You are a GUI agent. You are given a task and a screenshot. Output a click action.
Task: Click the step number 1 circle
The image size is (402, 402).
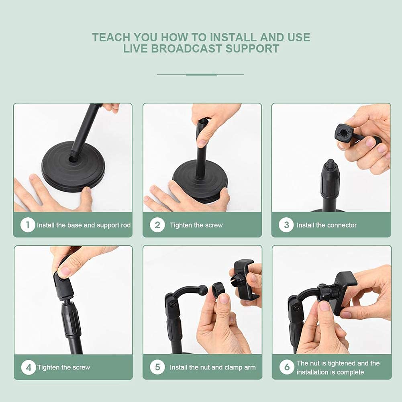click(x=28, y=225)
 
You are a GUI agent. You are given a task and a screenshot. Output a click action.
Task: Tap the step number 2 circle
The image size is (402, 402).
click(x=157, y=225)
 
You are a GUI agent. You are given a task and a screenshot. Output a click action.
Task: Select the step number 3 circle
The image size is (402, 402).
click(x=286, y=225)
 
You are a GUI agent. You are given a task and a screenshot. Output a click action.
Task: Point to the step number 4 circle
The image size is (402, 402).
click(x=29, y=367)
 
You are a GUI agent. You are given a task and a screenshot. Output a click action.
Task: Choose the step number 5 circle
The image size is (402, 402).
click(x=157, y=367)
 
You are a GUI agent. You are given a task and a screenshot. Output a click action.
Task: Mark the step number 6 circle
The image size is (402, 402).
click(x=287, y=367)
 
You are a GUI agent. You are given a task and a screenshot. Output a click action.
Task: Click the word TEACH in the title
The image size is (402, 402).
click(x=111, y=37)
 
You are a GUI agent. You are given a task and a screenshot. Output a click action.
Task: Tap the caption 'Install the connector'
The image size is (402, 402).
click(x=326, y=225)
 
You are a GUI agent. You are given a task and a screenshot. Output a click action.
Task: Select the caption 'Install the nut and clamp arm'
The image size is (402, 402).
click(x=212, y=367)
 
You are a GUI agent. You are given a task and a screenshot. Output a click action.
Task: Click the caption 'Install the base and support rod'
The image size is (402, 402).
click(x=84, y=225)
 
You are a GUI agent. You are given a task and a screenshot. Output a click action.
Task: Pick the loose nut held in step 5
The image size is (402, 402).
click(x=219, y=289)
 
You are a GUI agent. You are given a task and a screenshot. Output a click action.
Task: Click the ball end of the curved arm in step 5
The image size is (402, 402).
click(x=203, y=290)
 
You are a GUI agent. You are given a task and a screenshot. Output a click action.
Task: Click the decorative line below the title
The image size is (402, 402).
click(x=201, y=74)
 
